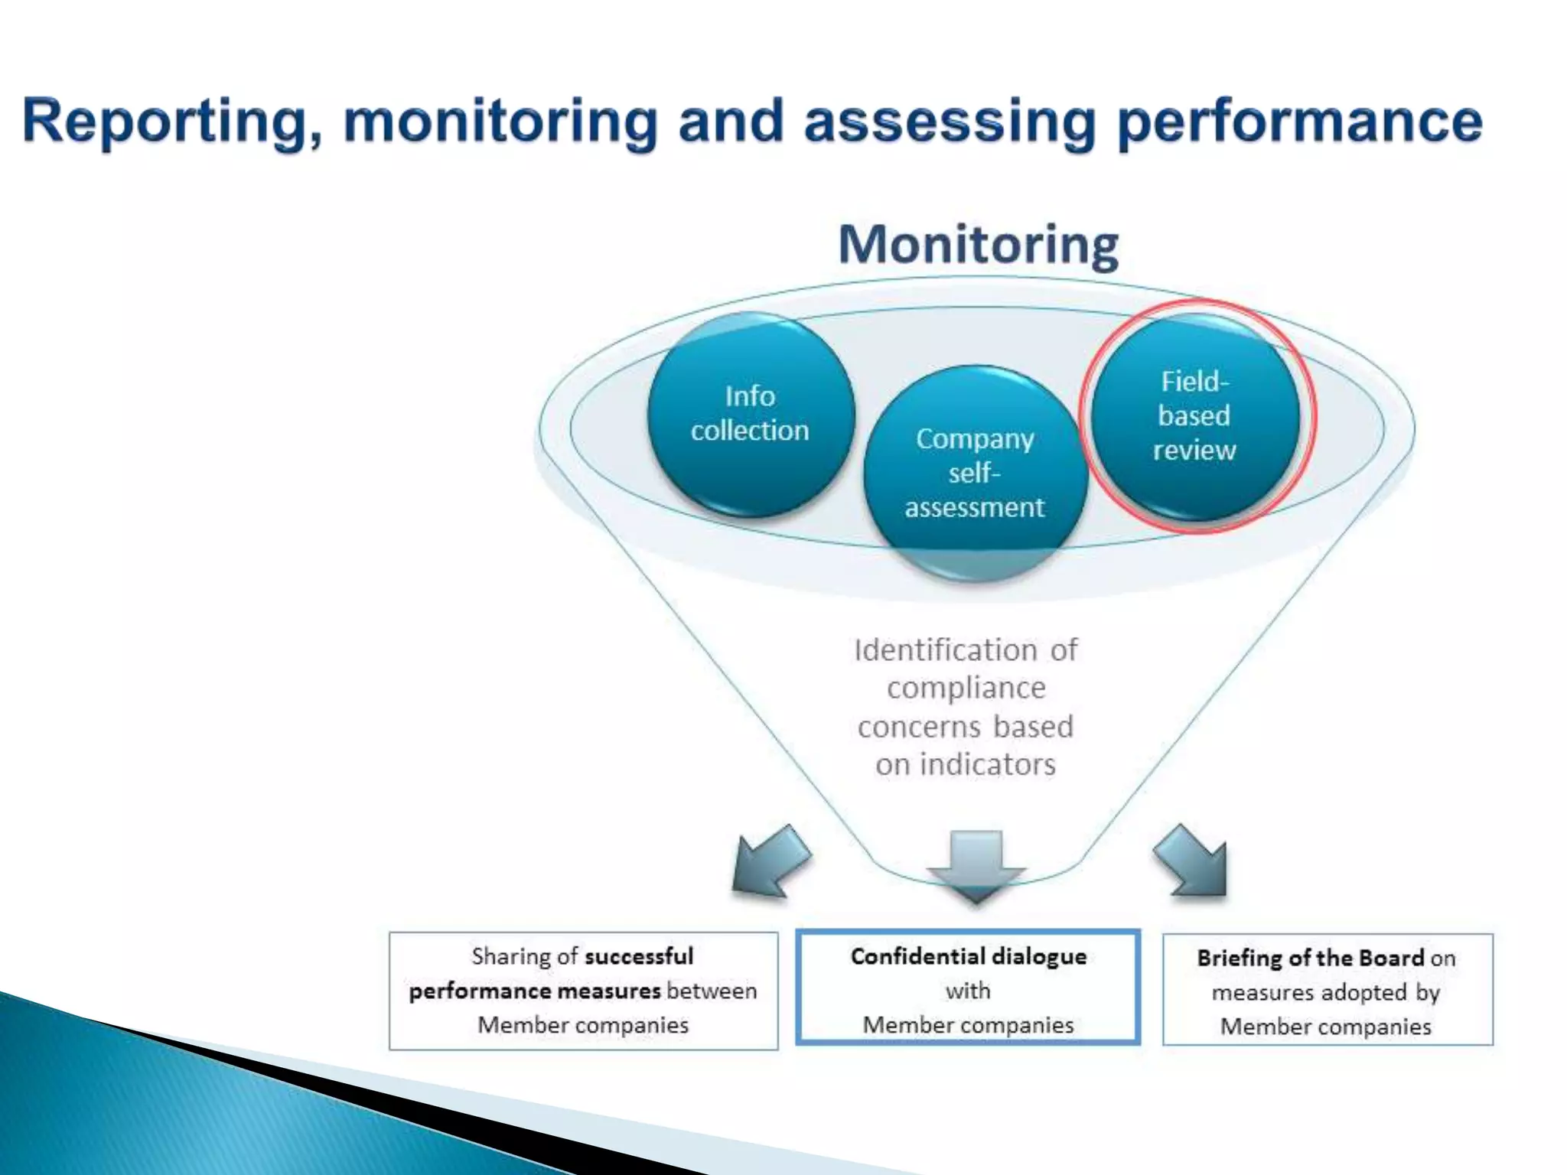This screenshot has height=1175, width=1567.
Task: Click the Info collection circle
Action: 751,414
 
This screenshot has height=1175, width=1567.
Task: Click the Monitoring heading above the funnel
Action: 979,245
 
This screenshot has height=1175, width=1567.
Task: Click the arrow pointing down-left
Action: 769,861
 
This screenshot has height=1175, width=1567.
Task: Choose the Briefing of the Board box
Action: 1327,990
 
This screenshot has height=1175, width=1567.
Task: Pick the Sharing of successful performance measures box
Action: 583,991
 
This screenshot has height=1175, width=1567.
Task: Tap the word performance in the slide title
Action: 1300,122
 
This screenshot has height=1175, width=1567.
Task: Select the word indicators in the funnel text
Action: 988,764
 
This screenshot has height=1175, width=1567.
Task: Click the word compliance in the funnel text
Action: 966,688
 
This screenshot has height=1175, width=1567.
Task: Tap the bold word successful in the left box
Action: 639,956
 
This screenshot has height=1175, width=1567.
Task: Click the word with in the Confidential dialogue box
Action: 968,991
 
